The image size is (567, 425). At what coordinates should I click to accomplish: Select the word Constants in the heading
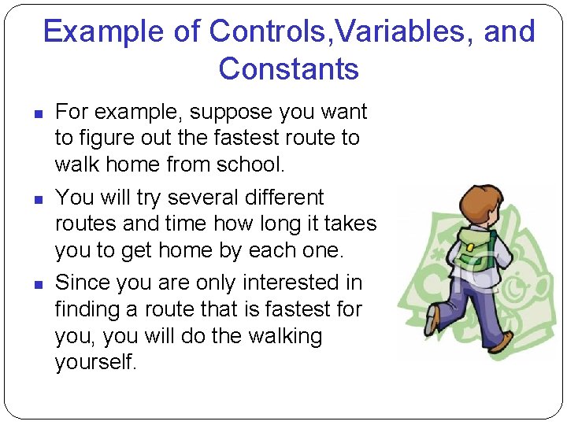288,69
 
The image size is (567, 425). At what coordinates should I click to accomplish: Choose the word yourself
95,363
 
